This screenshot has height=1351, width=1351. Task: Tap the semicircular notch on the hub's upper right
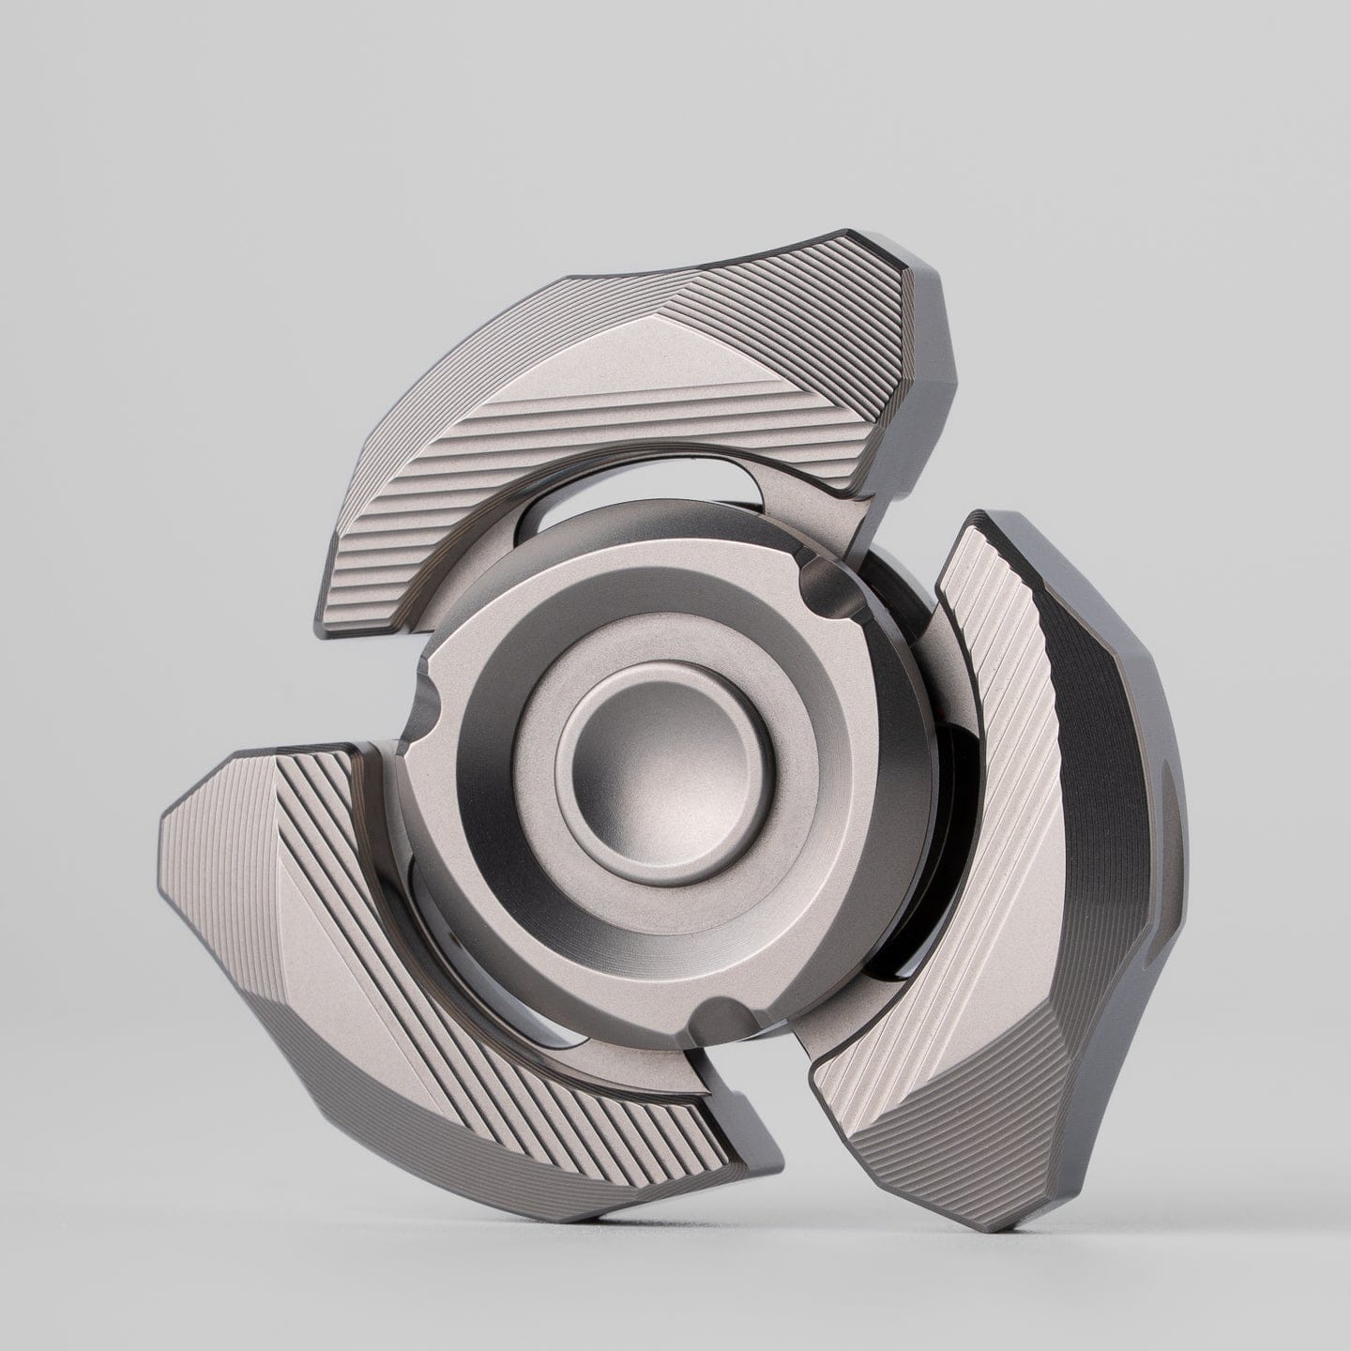(820, 580)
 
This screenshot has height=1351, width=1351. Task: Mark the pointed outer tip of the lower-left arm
(165, 816)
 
